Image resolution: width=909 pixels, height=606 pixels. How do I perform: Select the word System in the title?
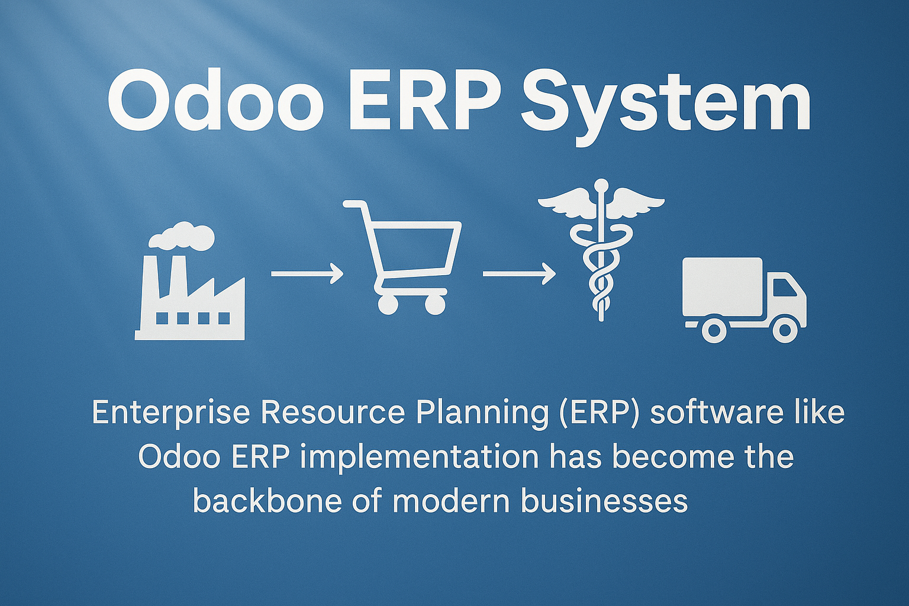666,107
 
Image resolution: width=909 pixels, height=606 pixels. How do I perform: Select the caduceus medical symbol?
601,250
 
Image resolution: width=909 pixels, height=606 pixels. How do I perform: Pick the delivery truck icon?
744,300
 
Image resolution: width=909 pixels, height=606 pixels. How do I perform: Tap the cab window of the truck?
784,289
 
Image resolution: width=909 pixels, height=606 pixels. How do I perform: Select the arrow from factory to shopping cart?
307,274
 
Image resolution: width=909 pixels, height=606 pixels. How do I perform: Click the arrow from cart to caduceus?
519,274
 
